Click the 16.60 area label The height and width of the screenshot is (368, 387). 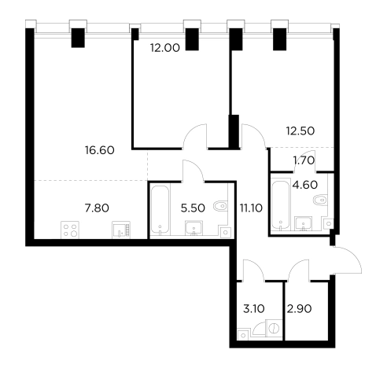pos(100,150)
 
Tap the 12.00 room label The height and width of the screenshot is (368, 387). pos(165,48)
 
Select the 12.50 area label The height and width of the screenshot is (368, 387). pos(300,131)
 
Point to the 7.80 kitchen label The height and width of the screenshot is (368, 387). pos(97,208)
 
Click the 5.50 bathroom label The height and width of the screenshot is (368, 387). pos(193,208)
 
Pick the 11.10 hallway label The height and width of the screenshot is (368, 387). pos(251,208)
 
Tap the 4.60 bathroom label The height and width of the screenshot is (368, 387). pos(305,185)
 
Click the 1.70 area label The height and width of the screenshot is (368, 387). pos(304,160)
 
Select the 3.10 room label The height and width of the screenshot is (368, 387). pos(254,309)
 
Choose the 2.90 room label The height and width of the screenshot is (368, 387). pos(299,309)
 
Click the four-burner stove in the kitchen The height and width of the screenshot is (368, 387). pos(70,230)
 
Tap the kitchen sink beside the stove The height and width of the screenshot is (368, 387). pos(121,230)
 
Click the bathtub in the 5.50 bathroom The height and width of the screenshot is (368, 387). pos(160,209)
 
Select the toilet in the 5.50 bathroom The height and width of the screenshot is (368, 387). pos(220,206)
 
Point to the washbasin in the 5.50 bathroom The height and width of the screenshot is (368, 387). pos(193,228)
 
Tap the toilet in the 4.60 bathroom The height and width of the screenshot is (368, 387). pos(320,200)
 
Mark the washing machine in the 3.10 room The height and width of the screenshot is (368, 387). pos(274,328)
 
